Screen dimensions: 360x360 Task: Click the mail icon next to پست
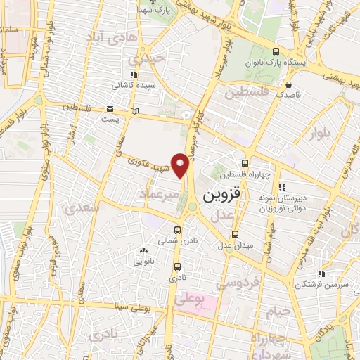pyautogui.click(x=110, y=108)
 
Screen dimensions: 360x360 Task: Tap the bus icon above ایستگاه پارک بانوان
pyautogui.click(x=277, y=52)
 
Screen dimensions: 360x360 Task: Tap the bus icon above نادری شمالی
pyautogui.click(x=176, y=230)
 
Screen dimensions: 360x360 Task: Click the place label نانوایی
pyautogui.click(x=144, y=260)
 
